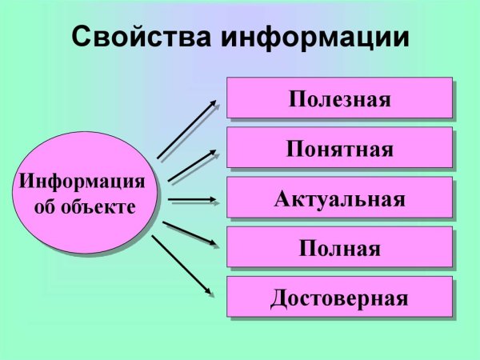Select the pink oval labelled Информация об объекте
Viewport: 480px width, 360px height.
[x=83, y=194]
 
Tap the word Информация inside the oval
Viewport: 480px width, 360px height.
[x=82, y=181]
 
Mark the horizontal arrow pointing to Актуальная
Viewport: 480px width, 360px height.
[x=192, y=198]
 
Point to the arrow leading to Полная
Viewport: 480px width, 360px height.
[x=190, y=233]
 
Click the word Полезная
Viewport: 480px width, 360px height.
[x=339, y=99]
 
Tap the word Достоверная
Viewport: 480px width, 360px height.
[x=339, y=298]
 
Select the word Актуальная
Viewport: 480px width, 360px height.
[x=339, y=198]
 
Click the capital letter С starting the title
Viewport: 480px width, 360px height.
[x=82, y=37]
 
